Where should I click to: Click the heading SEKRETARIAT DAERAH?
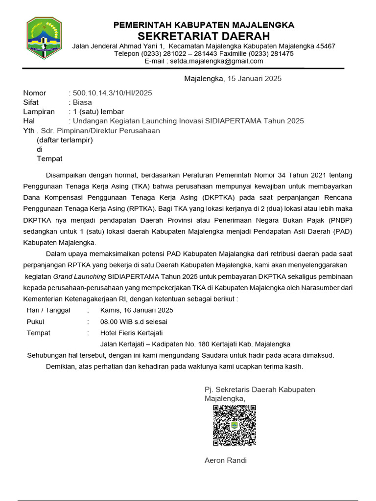point(204,36)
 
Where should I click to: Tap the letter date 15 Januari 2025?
point(253,79)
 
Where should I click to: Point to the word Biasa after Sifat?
point(82,102)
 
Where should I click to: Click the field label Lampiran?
point(39,112)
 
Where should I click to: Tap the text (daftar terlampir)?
point(65,140)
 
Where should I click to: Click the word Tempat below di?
point(49,159)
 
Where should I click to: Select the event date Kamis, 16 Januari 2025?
point(137,310)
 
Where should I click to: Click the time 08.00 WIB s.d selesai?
point(134,321)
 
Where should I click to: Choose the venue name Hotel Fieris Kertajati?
point(131,333)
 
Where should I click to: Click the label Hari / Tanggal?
point(48,310)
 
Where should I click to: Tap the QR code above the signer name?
point(235,425)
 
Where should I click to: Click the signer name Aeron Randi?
point(226,460)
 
